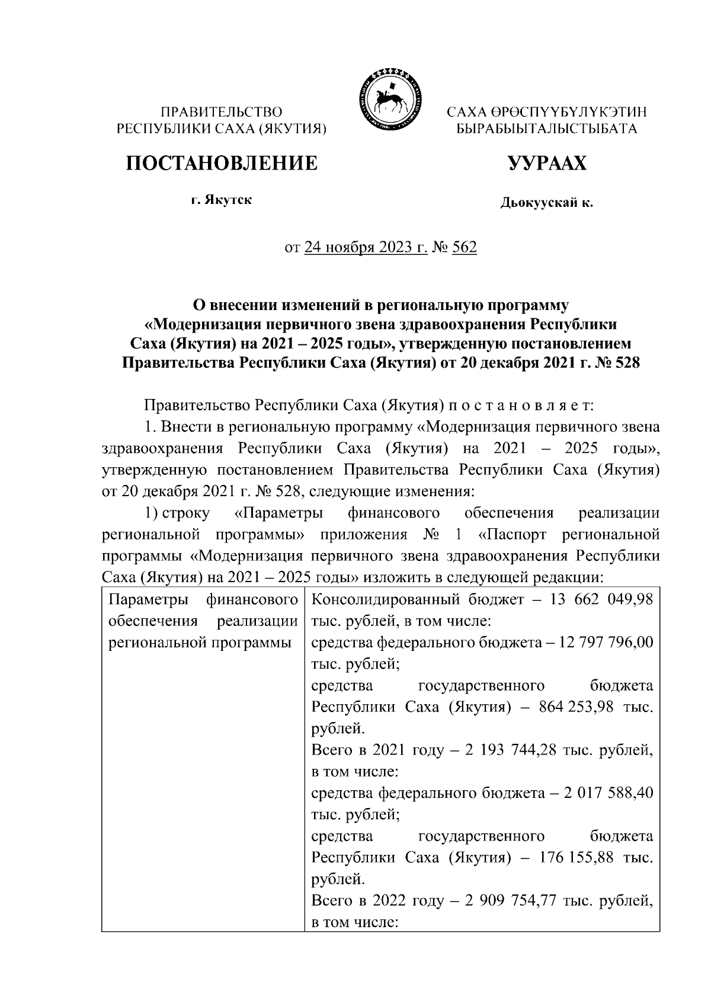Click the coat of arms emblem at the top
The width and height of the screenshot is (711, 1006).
(389, 99)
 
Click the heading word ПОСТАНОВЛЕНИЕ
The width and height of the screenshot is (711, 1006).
(221, 162)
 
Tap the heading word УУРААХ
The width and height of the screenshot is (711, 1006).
(547, 162)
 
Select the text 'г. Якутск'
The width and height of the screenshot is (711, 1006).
(221, 200)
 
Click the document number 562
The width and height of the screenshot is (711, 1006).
(464, 247)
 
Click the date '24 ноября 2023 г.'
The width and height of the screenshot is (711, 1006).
(366, 247)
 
